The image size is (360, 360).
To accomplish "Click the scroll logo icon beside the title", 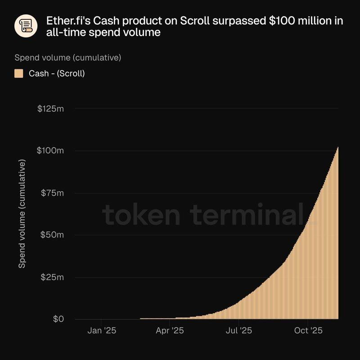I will (x=26, y=27).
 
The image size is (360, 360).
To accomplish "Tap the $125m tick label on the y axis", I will (x=50, y=109).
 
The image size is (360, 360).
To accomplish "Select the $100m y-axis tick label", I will (x=50, y=150).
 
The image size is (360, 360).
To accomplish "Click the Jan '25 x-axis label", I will (x=102, y=331).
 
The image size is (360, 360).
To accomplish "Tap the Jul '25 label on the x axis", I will (x=238, y=331).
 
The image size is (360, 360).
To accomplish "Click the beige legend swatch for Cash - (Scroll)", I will (x=19, y=73).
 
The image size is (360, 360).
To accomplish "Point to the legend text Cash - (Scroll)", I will (x=57, y=73).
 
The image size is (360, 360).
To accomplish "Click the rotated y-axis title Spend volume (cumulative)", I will (x=22, y=213).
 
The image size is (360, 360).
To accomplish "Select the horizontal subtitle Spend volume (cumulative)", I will (x=68, y=58).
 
